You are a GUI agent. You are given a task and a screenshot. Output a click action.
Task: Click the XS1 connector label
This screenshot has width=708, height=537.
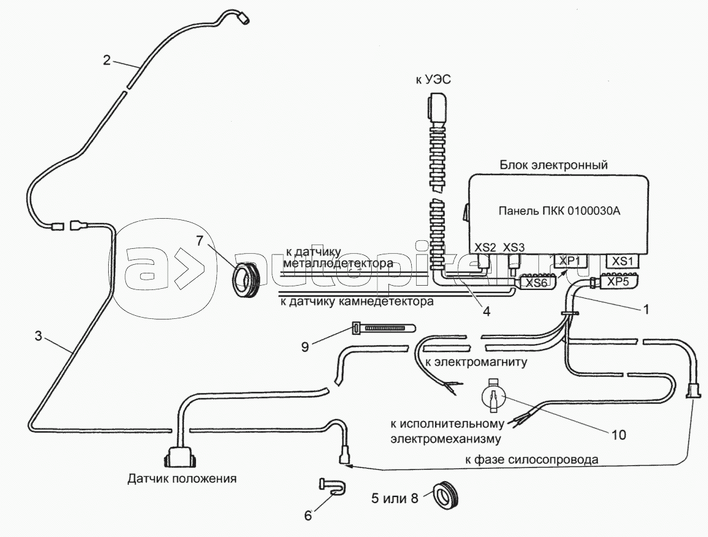click(623, 261)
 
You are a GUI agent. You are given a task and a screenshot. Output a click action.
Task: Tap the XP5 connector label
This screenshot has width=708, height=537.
click(618, 282)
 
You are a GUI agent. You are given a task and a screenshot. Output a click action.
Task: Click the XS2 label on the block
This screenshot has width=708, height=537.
click(486, 247)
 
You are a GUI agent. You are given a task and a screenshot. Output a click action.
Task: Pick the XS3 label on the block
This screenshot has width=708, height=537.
click(514, 247)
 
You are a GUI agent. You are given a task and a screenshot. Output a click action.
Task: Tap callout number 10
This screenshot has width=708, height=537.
click(618, 435)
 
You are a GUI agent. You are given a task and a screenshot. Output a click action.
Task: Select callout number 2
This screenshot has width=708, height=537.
click(107, 60)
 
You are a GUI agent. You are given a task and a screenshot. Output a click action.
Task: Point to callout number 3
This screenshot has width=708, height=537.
click(38, 336)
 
